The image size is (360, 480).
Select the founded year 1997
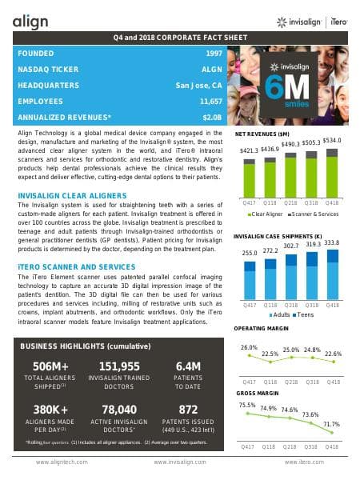pos(213,53)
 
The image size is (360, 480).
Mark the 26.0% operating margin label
pos(249,347)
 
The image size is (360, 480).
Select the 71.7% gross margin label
pos(332,424)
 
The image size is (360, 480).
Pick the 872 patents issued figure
pos(188,410)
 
